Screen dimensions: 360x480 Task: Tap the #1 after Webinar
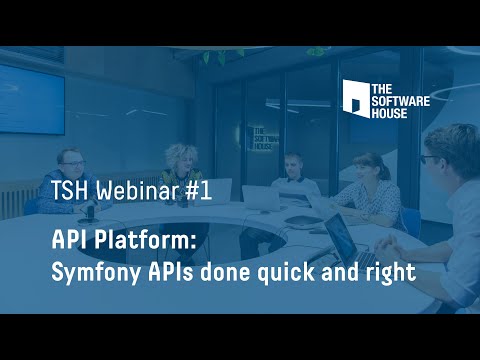(x=199, y=193)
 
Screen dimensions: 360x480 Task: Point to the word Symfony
(x=94, y=271)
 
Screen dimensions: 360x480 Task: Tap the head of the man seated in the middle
(x=292, y=165)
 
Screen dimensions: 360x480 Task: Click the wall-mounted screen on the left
(x=30, y=101)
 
